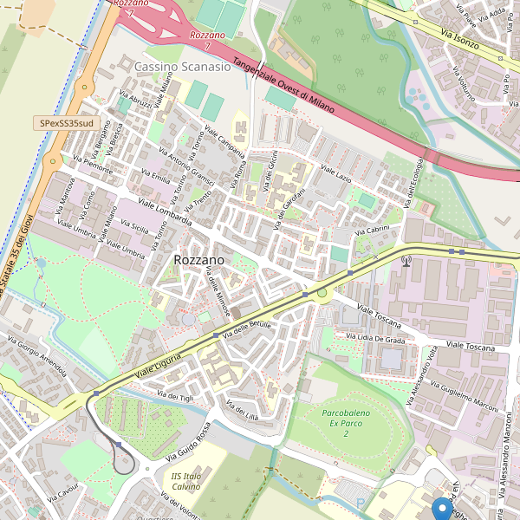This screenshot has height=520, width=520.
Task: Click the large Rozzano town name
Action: [198, 260]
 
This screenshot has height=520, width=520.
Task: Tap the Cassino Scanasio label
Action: [183, 66]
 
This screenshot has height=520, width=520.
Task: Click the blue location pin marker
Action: [442, 508]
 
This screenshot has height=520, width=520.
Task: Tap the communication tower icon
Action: [406, 258]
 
